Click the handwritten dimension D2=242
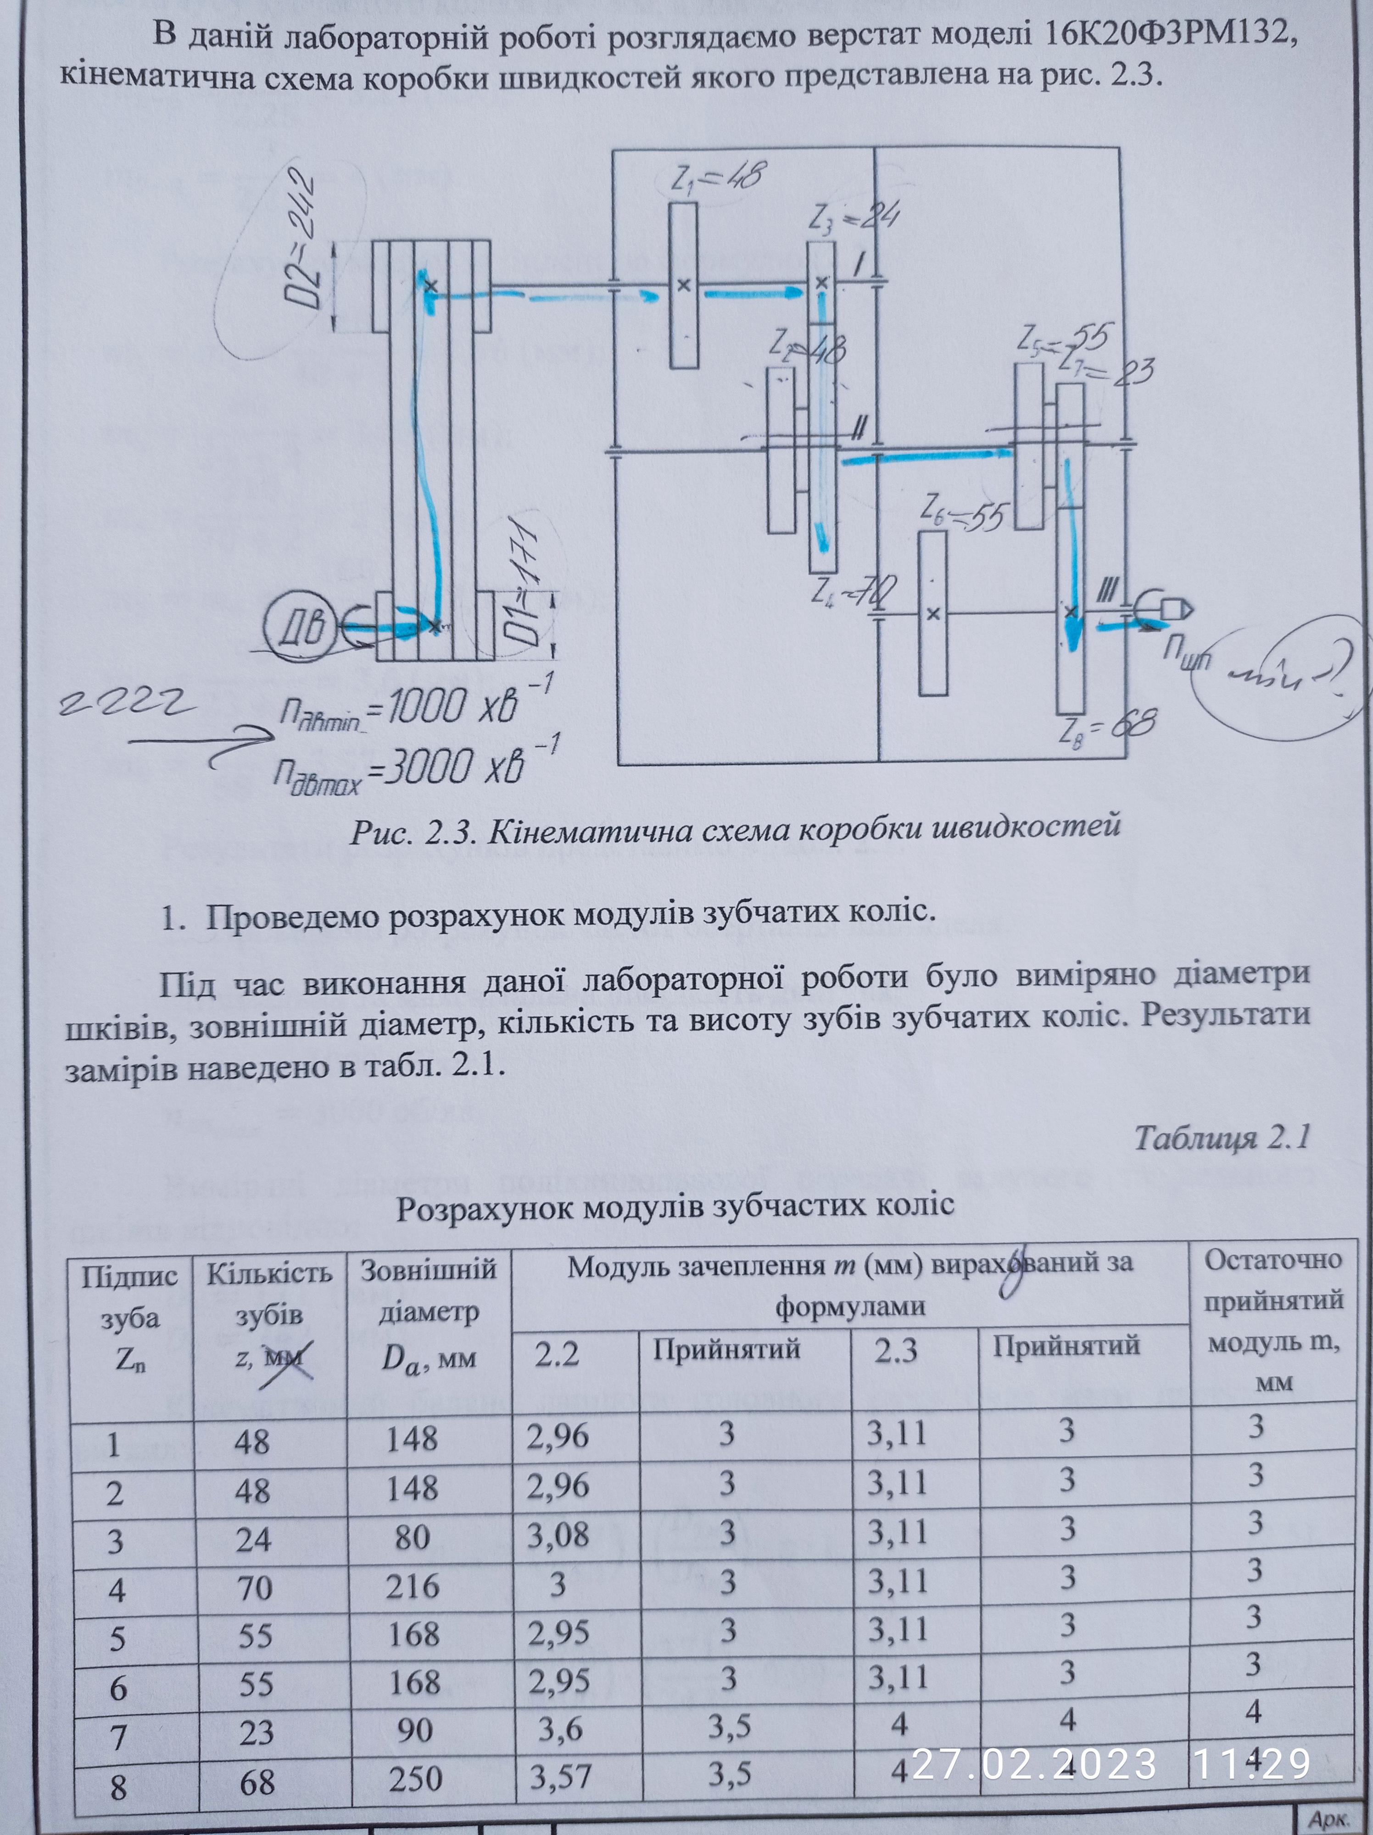click(300, 239)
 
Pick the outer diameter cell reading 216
click(413, 1586)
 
